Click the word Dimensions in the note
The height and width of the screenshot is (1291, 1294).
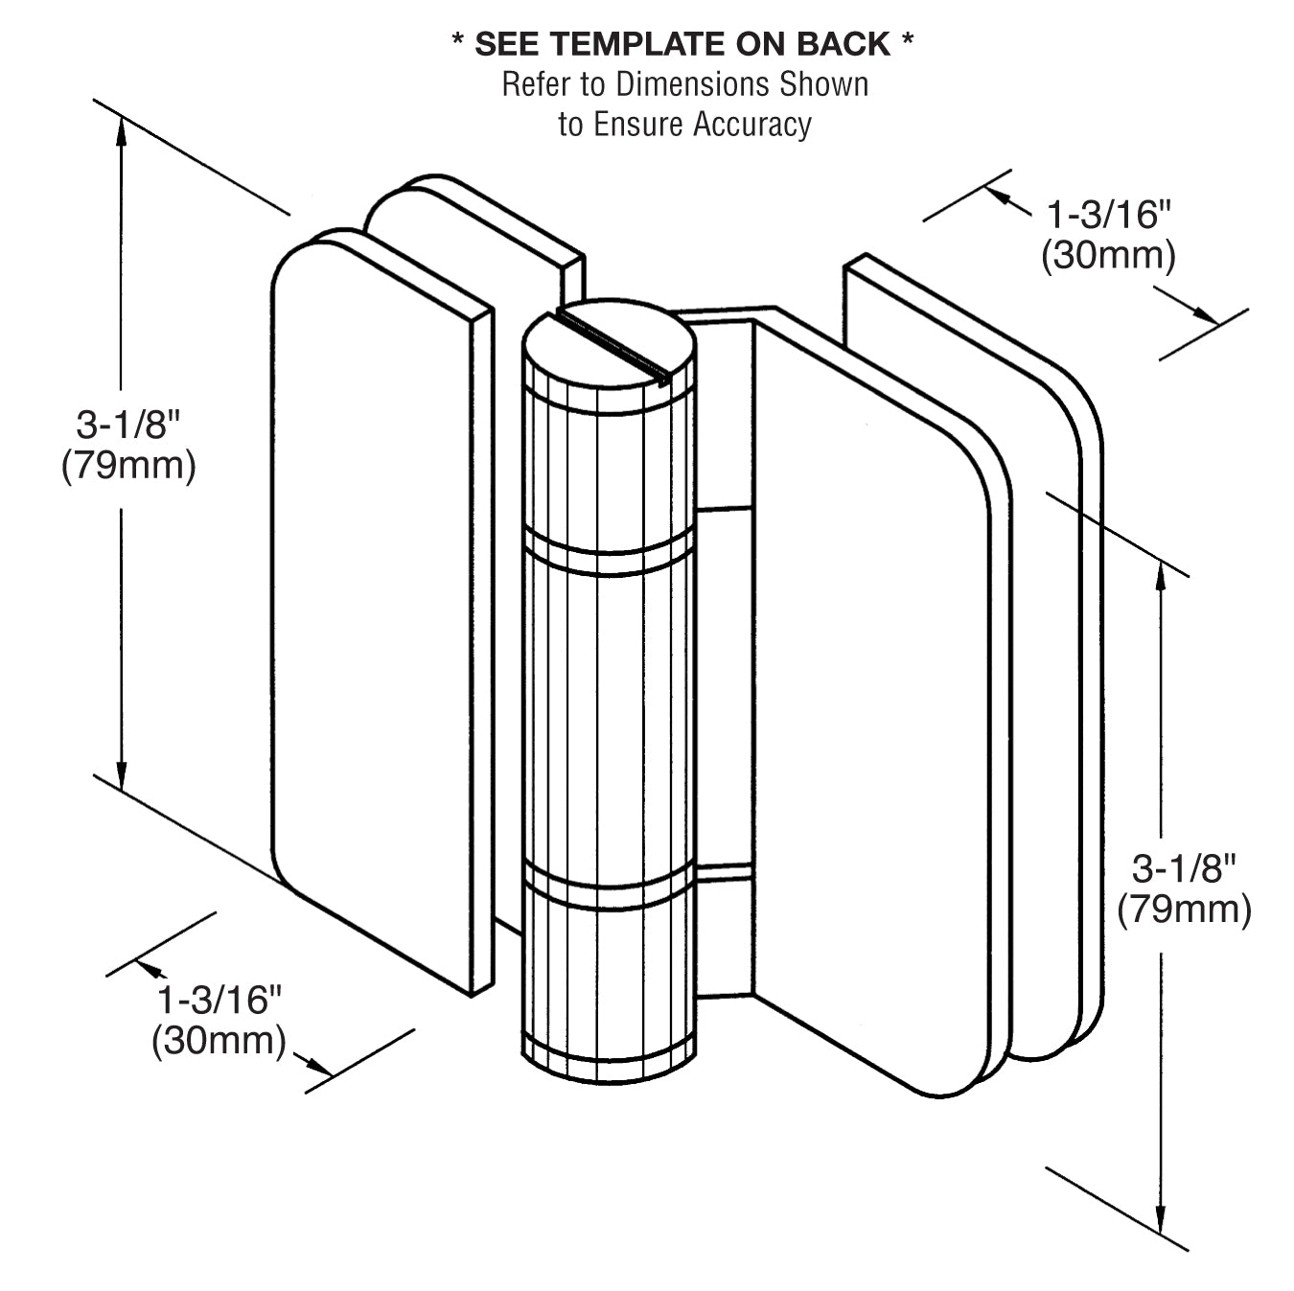[691, 84]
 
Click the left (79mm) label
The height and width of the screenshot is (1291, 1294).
[128, 466]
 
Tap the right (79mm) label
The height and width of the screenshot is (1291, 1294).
[1184, 910]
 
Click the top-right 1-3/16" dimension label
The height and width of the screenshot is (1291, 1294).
[1109, 215]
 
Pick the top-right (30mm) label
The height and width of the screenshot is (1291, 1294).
[1108, 256]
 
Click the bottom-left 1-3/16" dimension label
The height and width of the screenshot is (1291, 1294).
[220, 1001]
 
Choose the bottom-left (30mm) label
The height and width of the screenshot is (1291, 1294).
[220, 1042]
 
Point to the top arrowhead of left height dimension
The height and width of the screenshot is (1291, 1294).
[122, 129]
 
